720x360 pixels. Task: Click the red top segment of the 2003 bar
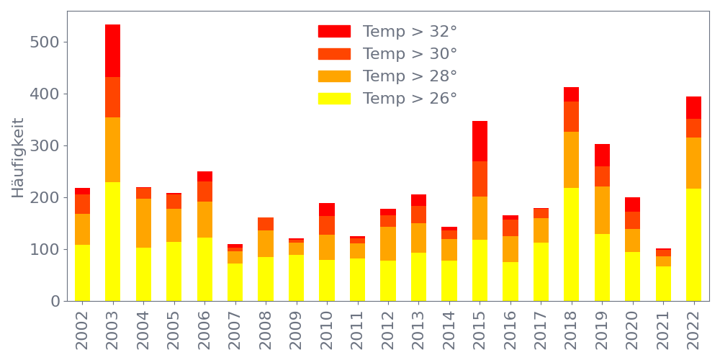pyautogui.click(x=112, y=50)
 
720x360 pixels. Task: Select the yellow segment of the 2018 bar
pyautogui.click(x=571, y=244)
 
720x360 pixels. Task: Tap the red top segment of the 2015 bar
pyautogui.click(x=480, y=141)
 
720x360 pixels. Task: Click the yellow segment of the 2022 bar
pyautogui.click(x=693, y=245)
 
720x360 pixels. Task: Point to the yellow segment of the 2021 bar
pyautogui.click(x=663, y=284)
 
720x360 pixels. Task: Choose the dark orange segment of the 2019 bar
pyautogui.click(x=602, y=176)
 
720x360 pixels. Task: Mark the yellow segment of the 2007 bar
pyautogui.click(x=235, y=282)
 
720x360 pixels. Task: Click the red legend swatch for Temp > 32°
pyautogui.click(x=334, y=32)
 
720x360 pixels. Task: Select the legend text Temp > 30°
pyautogui.click(x=410, y=54)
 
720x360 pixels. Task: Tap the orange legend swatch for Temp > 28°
pyautogui.click(x=334, y=76)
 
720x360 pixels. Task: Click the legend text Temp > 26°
pyautogui.click(x=410, y=99)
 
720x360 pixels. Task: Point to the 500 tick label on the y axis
pyautogui.click(x=45, y=42)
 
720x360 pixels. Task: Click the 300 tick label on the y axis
pyautogui.click(x=45, y=146)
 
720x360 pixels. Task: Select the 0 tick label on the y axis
pyautogui.click(x=55, y=302)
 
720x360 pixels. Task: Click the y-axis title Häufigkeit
pyautogui.click(x=18, y=158)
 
